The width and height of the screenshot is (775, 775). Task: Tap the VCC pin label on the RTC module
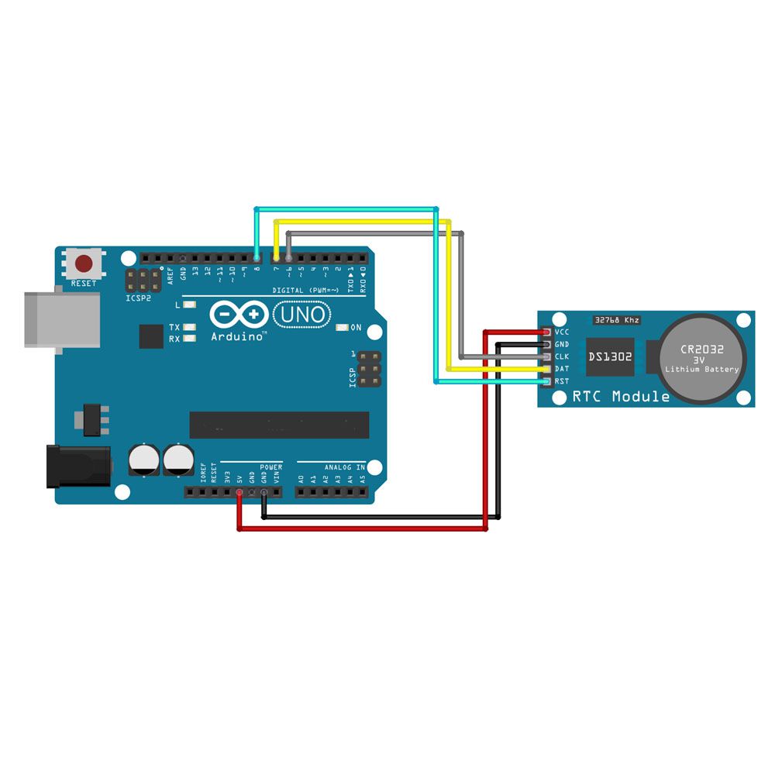coord(563,332)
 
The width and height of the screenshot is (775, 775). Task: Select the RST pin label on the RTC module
coord(563,381)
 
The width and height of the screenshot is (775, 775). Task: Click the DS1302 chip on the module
coord(609,357)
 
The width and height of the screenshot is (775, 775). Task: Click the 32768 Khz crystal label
coord(617,319)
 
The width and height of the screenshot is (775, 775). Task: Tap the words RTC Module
coord(621,397)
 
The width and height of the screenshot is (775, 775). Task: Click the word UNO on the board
coord(303,315)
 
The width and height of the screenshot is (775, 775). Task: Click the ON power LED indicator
coord(356,328)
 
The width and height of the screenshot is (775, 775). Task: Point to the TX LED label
coord(174,328)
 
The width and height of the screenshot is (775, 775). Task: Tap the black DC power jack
coord(77,465)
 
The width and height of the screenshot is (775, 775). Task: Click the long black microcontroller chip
coord(279,425)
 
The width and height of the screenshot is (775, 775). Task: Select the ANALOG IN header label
coord(344,467)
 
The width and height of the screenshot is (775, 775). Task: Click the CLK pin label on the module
coord(563,356)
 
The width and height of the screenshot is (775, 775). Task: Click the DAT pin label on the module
coord(563,369)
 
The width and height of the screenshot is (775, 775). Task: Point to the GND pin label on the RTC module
coord(563,344)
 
